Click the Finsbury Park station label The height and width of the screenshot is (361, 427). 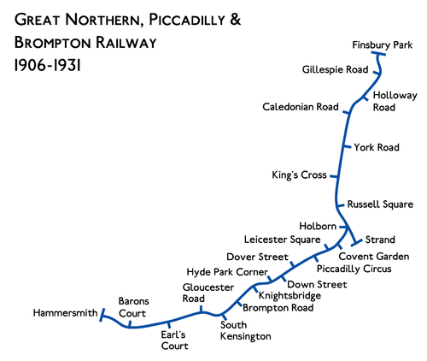[x=382, y=44]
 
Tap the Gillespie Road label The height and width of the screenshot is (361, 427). [x=336, y=70]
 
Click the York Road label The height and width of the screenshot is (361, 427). [x=377, y=148]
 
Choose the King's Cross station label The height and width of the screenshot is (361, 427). [x=299, y=175]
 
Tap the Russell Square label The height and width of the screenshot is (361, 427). [x=380, y=204]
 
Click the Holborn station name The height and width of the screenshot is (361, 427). [x=318, y=226]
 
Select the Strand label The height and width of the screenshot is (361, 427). [x=378, y=239]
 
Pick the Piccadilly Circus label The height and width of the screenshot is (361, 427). [x=360, y=269]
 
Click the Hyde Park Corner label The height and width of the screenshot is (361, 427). [x=225, y=270]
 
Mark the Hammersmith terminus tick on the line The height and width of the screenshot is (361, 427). [x=101, y=317]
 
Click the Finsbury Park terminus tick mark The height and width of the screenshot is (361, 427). [x=380, y=56]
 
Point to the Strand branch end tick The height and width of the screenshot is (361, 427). [x=354, y=245]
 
